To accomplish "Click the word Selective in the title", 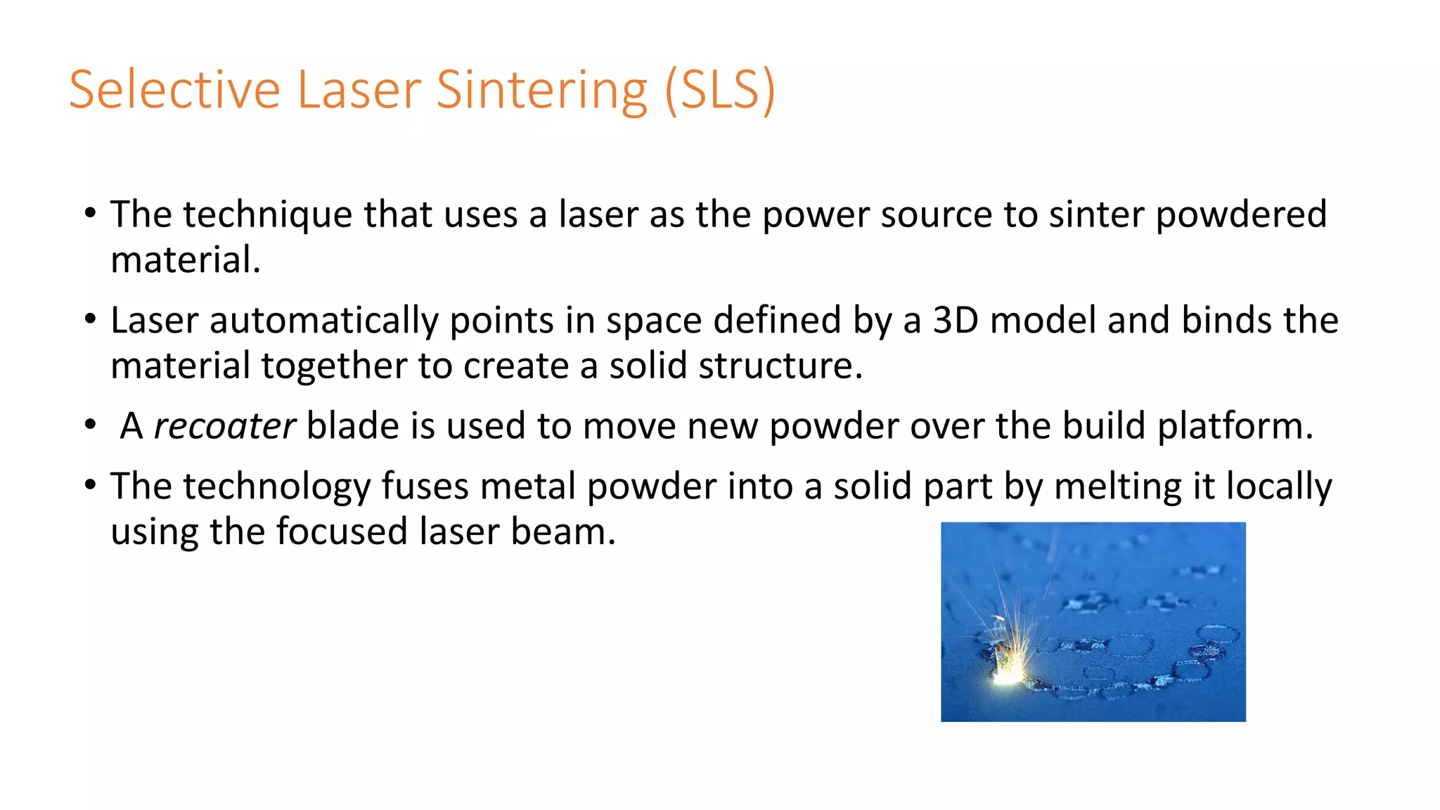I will (174, 90).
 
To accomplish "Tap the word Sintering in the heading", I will (541, 90).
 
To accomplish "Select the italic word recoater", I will (224, 426).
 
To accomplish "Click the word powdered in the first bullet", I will (1241, 214).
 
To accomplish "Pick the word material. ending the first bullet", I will (186, 260).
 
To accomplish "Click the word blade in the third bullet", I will (353, 426).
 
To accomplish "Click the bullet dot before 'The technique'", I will (89, 213).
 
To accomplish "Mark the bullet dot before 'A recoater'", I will (89, 425).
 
